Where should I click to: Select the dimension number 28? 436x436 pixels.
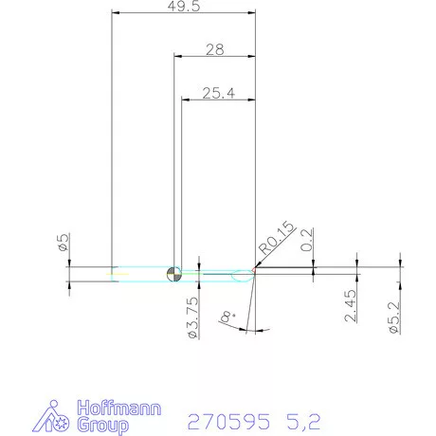click(214, 48)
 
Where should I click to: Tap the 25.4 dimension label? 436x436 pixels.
click(218, 93)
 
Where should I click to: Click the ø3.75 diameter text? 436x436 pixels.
click(191, 318)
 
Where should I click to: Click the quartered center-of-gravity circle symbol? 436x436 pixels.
click(173, 274)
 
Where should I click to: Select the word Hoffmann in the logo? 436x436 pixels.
click(118, 409)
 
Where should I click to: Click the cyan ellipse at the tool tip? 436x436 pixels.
click(243, 275)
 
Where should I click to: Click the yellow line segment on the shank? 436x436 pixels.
click(119, 275)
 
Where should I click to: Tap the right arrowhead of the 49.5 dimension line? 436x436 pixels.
click(252, 13)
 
